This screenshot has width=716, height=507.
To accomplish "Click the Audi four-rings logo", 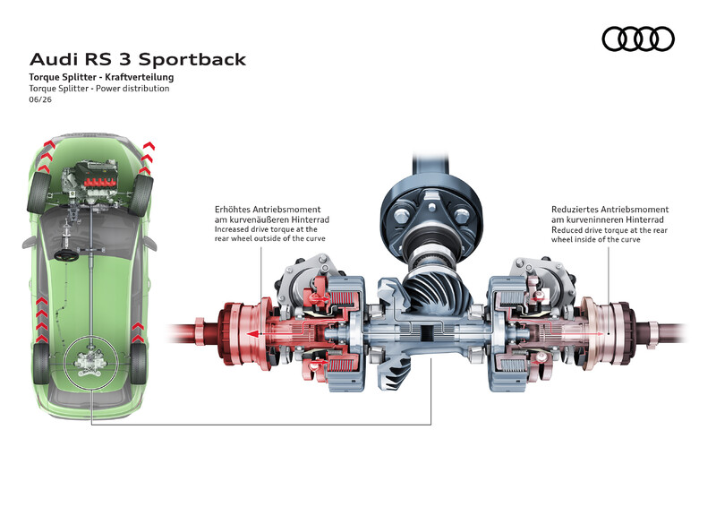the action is coord(638,39).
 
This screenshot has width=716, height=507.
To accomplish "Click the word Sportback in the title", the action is coord(192,60).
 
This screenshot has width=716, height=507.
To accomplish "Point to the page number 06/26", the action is coord(40,99).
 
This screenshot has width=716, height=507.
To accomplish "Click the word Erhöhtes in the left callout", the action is coord(234,210).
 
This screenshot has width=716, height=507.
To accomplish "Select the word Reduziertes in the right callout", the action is coord(575,210).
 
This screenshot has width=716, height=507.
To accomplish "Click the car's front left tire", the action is coord(38,193).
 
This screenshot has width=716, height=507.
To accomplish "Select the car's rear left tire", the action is coord(41,364).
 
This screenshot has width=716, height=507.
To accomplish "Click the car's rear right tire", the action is coord(139,364).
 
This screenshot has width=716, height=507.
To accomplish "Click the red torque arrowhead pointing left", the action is coord(251,334).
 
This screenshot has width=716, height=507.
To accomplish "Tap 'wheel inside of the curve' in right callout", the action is coord(595,239).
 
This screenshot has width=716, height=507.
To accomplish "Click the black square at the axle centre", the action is coord(429,332).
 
